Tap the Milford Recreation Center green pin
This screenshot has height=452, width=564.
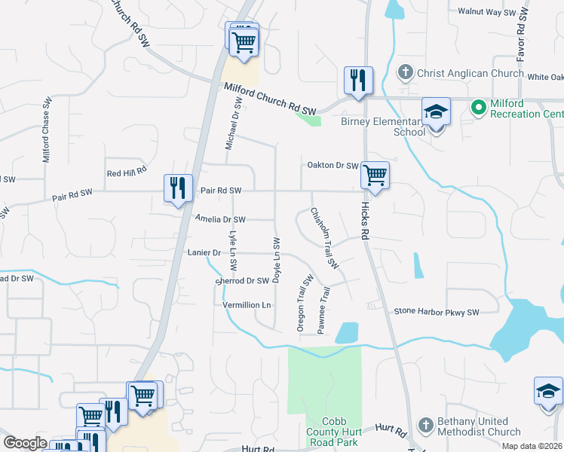pos(477,107)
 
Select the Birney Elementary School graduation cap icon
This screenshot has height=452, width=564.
pos(436,112)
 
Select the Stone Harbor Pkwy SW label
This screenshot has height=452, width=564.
pos(437,312)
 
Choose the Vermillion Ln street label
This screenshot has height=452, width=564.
pos(247,305)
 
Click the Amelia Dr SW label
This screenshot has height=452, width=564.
pos(220,219)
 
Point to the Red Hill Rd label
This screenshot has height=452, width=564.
pos(126,173)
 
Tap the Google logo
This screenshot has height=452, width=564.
pos(25,443)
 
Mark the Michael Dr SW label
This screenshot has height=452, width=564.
pos(233,123)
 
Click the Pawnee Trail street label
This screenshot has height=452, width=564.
pos(323,309)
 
